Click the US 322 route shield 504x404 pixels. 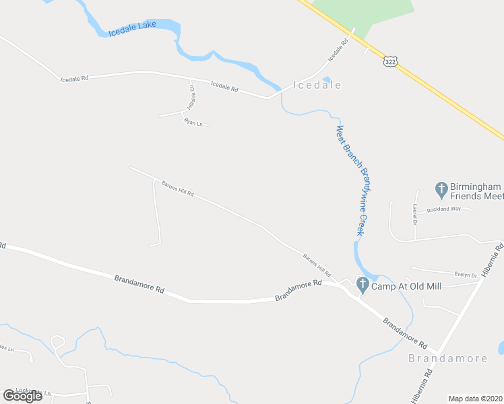click(x=390, y=61)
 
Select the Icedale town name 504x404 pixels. click(x=317, y=86)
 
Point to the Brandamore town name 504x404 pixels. click(x=447, y=358)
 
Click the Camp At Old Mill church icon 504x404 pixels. click(x=363, y=285)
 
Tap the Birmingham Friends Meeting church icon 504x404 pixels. click(x=442, y=190)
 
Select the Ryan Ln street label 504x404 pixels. click(x=193, y=122)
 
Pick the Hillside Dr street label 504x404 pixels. click(x=191, y=98)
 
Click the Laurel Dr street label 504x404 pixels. click(x=416, y=214)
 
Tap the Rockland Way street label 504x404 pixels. click(x=447, y=209)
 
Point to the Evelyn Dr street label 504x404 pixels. click(x=466, y=275)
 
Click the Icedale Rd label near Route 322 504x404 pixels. click(x=338, y=50)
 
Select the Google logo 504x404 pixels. click(x=23, y=396)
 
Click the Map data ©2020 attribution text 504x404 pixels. click(x=476, y=399)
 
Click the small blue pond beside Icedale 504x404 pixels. click(x=327, y=79)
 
